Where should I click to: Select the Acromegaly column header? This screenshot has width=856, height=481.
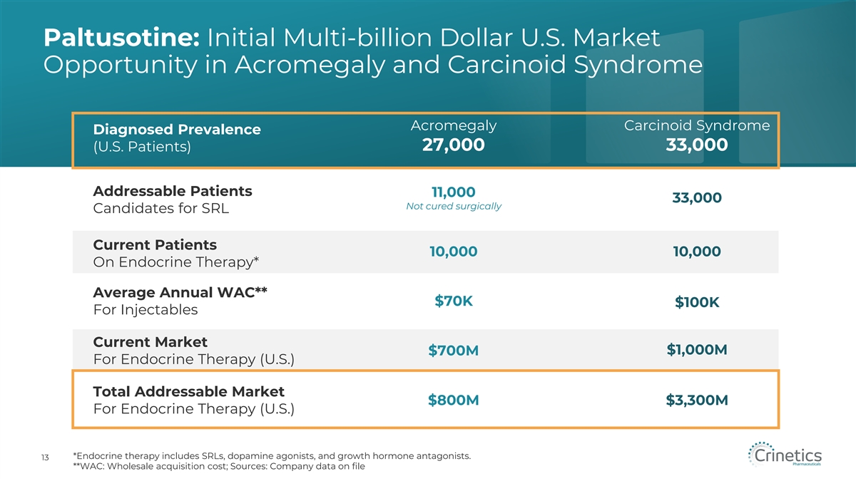pyautogui.click(x=454, y=126)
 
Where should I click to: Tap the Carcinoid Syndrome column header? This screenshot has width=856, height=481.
pyautogui.click(x=696, y=126)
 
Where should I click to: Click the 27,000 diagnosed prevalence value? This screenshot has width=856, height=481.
pyautogui.click(x=454, y=145)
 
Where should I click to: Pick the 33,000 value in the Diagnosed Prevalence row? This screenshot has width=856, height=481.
pyautogui.click(x=696, y=145)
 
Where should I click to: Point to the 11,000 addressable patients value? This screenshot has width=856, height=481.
pyautogui.click(x=454, y=192)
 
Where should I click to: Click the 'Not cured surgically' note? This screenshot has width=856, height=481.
pyautogui.click(x=454, y=207)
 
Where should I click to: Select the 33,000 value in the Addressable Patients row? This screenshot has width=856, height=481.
pyautogui.click(x=696, y=198)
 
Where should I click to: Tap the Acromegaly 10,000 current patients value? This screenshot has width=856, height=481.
pyautogui.click(x=454, y=252)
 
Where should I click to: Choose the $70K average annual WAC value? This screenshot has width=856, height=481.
pyautogui.click(x=454, y=301)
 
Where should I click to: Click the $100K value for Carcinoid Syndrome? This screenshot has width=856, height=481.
pyautogui.click(x=696, y=304)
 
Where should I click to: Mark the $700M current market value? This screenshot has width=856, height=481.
pyautogui.click(x=454, y=351)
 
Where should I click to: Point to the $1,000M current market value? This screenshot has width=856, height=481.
pyautogui.click(x=696, y=350)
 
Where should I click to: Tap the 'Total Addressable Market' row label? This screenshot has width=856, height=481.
pyautogui.click(x=188, y=391)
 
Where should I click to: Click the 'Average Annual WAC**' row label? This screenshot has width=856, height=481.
pyautogui.click(x=180, y=292)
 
